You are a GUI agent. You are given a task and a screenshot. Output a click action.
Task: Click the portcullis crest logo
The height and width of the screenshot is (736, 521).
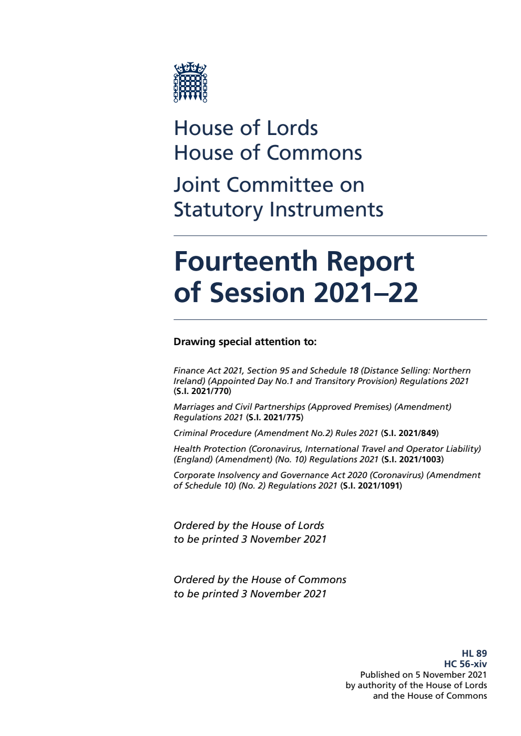(x=190, y=82)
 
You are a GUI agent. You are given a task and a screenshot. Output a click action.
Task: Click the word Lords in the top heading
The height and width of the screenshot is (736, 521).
(x=291, y=128)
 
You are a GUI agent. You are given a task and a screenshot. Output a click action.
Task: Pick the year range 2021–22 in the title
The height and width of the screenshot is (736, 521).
(x=366, y=293)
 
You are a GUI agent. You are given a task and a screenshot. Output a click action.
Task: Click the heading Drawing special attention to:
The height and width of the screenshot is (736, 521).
(x=245, y=342)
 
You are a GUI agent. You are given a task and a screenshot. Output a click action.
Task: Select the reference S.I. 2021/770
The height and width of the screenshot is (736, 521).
(x=202, y=391)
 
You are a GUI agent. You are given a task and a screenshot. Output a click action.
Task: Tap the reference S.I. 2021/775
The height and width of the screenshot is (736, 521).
(x=274, y=418)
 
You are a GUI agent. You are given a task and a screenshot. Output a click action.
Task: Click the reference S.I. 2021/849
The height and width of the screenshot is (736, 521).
(x=410, y=433)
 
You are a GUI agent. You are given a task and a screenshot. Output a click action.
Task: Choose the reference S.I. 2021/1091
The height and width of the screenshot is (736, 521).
(x=371, y=486)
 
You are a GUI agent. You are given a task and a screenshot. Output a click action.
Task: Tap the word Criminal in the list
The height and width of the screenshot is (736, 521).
(x=190, y=433)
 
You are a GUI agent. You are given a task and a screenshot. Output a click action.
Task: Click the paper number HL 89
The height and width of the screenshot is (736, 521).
(x=474, y=654)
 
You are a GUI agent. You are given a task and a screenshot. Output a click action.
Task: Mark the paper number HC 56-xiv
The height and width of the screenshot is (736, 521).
(x=465, y=664)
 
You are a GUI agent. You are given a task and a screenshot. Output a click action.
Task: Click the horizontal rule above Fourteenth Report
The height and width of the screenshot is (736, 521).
(x=330, y=236)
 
